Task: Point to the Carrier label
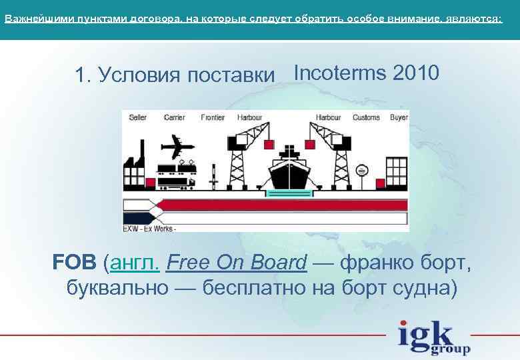click(x=174, y=118)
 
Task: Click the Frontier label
click(x=213, y=118)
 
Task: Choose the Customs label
click(x=366, y=118)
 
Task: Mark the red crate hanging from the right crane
click(x=317, y=142)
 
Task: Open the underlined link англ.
click(x=134, y=263)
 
